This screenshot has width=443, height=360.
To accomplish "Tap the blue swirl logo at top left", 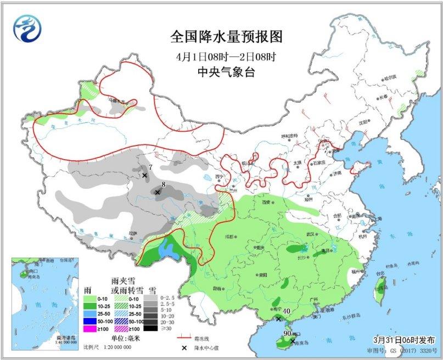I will point(27,29).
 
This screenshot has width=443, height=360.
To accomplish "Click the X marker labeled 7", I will point(145,176).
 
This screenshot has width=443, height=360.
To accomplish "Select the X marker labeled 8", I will point(158,193).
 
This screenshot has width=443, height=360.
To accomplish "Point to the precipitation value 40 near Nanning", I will point(287,312).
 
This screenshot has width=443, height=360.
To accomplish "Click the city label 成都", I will point(228,237).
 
